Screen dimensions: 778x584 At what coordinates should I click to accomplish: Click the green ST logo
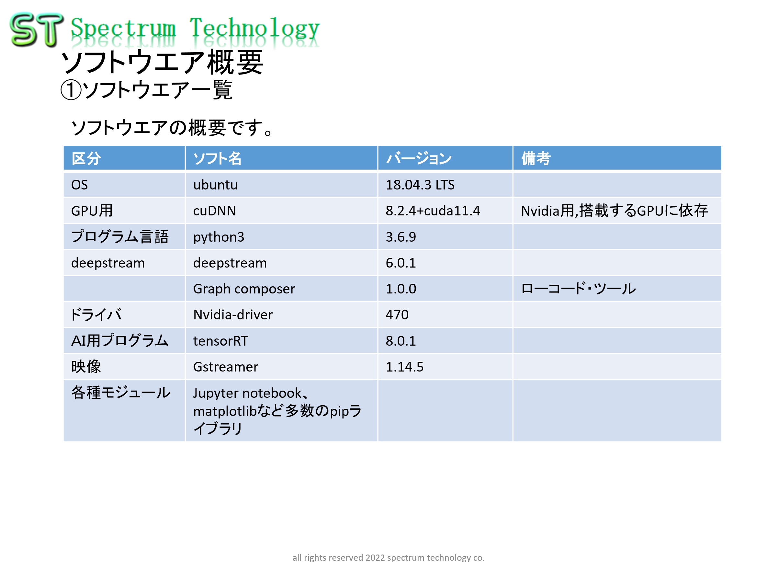pyautogui.click(x=37, y=30)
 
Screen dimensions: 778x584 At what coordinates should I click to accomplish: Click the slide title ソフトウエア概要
pyautogui.click(x=162, y=62)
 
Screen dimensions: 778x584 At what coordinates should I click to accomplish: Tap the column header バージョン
pyautogui.click(x=419, y=158)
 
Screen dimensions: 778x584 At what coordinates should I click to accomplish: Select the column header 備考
pyautogui.click(x=536, y=158)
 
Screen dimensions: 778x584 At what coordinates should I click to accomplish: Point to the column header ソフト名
pyautogui.click(x=217, y=158)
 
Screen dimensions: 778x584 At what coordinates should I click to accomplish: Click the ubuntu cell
pyautogui.click(x=215, y=185)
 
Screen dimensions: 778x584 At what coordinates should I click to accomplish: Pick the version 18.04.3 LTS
pyautogui.click(x=420, y=185)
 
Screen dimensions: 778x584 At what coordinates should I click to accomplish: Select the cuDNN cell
pyautogui.click(x=215, y=211)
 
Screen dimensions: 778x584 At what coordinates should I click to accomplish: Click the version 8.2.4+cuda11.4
pyautogui.click(x=433, y=211)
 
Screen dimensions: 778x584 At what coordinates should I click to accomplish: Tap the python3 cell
pyautogui.click(x=219, y=237)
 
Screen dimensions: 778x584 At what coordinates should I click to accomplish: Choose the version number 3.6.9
pyautogui.click(x=400, y=237)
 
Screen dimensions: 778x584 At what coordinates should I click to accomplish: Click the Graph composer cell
pyautogui.click(x=244, y=289)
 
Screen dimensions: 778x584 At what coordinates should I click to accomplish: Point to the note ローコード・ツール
pyautogui.click(x=578, y=289)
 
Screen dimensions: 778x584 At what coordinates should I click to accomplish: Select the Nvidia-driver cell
pyautogui.click(x=233, y=315)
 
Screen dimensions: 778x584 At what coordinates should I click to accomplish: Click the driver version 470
pyautogui.click(x=397, y=315)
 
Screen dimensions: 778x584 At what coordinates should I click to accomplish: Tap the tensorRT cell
pyautogui.click(x=220, y=341)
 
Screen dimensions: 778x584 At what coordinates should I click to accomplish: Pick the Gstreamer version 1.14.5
pyautogui.click(x=404, y=367)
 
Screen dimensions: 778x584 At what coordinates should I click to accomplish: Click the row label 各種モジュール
pyautogui.click(x=121, y=393)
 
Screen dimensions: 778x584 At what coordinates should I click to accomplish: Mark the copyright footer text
pyautogui.click(x=388, y=558)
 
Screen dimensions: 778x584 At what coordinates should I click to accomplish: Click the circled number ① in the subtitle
pyautogui.click(x=71, y=90)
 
